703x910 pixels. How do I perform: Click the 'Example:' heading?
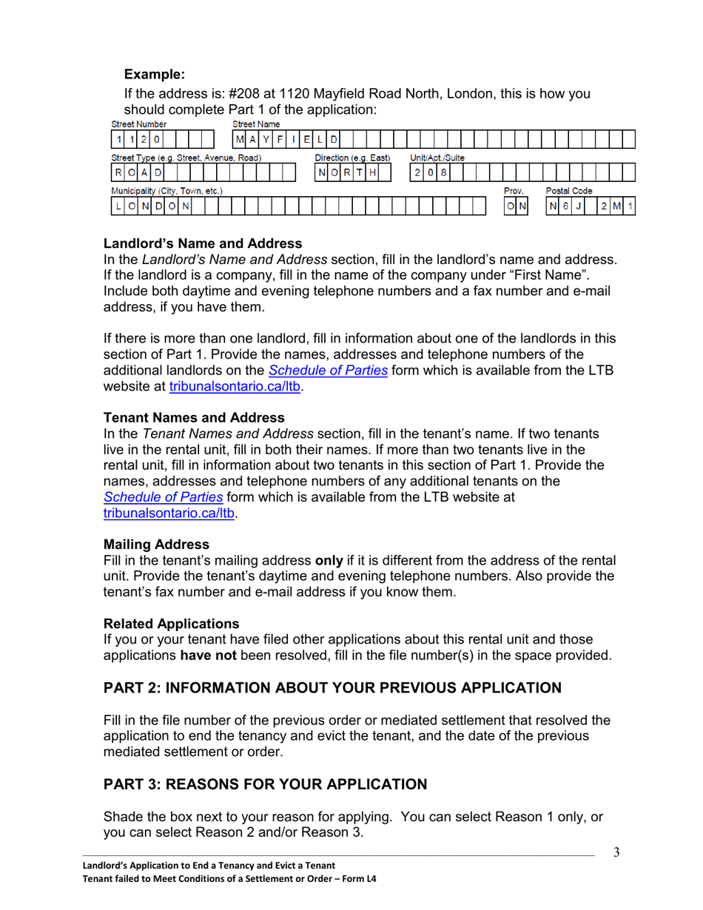pyautogui.click(x=153, y=74)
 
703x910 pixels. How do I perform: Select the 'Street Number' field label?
pyautogui.click(x=138, y=124)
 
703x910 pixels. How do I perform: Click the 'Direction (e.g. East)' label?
pyautogui.click(x=352, y=158)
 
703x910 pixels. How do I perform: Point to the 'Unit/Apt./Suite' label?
pyautogui.click(x=437, y=158)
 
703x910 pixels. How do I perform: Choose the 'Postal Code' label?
pyautogui.click(x=569, y=191)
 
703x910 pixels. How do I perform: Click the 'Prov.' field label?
pyautogui.click(x=514, y=191)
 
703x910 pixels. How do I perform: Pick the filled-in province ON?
pyautogui.click(x=517, y=206)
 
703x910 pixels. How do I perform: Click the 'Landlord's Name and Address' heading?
pyautogui.click(x=203, y=243)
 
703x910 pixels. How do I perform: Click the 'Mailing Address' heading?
pyautogui.click(x=156, y=545)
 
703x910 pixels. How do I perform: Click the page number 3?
pyautogui.click(x=616, y=852)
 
